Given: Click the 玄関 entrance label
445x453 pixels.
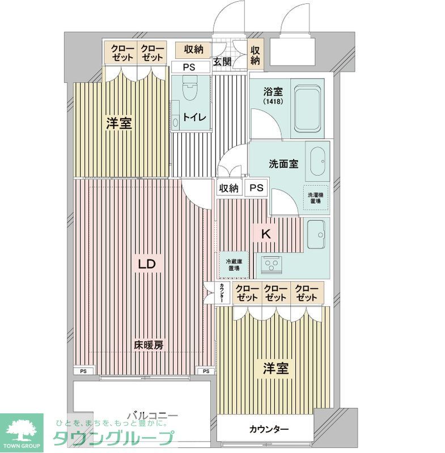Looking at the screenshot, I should tap(222, 62).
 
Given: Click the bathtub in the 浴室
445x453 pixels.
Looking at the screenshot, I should tap(309, 108).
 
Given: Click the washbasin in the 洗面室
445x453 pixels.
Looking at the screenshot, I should tap(317, 161).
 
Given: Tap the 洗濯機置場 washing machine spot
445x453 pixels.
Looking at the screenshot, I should tap(315, 198).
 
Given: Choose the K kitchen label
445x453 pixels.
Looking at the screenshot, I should tap(265, 232).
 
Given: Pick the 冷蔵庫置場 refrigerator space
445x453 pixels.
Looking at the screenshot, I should tap(233, 264).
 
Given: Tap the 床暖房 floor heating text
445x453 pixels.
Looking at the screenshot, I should tap(149, 345).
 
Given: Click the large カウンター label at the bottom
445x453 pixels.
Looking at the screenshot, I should tap(269, 429).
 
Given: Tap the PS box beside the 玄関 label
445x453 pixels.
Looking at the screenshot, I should tap(190, 67).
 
